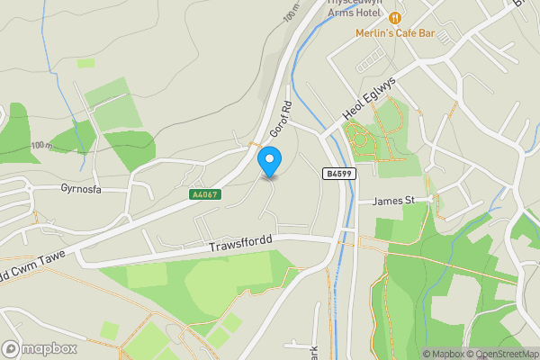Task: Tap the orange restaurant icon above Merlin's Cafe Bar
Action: coord(395,18)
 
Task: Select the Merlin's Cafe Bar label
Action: coord(396,32)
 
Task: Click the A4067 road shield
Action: coord(203,193)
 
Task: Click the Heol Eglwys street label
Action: coord(371,100)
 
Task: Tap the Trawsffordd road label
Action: coord(239,243)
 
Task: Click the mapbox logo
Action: coord(40,348)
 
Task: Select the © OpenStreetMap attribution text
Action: coord(501,354)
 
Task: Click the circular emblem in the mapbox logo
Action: coord(11,348)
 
